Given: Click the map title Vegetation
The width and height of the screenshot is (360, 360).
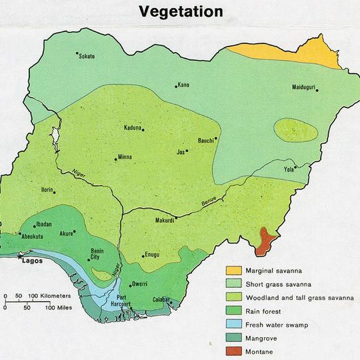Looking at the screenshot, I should (181, 11).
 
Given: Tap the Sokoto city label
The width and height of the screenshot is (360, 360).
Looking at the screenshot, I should (87, 57).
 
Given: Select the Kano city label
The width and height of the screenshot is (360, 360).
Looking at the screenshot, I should (183, 85).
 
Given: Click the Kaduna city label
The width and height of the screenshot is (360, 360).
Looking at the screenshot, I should (133, 128).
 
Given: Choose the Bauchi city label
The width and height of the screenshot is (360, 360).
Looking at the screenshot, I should (206, 140).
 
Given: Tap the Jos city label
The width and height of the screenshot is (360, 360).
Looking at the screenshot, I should (179, 151).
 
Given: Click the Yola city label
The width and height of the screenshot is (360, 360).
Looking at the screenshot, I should (289, 169).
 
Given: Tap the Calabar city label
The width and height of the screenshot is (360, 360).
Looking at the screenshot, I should (162, 299).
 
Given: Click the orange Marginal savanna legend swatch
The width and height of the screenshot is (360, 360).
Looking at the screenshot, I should (233, 271).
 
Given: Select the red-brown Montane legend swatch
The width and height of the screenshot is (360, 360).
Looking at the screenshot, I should (233, 351).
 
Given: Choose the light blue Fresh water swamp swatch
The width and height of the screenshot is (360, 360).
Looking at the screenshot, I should (233, 324).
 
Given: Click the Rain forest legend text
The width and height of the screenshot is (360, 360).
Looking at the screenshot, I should (263, 311).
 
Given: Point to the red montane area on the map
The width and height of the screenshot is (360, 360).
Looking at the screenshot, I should (267, 241).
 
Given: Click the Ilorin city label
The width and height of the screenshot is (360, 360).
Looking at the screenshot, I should (47, 189).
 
